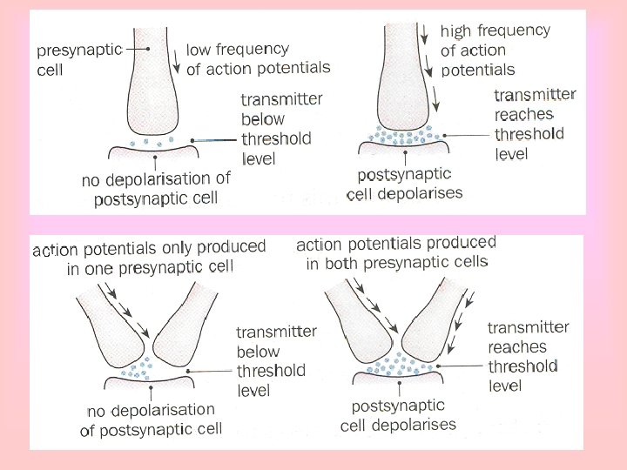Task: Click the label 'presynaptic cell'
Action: click(65, 59)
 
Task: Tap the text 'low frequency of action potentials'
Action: click(258, 59)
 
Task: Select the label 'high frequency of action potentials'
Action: click(495, 50)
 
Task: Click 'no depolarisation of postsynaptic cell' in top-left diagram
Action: click(157, 189)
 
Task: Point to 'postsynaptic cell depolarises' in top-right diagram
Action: click(404, 185)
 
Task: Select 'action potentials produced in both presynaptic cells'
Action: click(396, 252)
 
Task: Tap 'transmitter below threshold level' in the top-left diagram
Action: click(281, 128)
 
